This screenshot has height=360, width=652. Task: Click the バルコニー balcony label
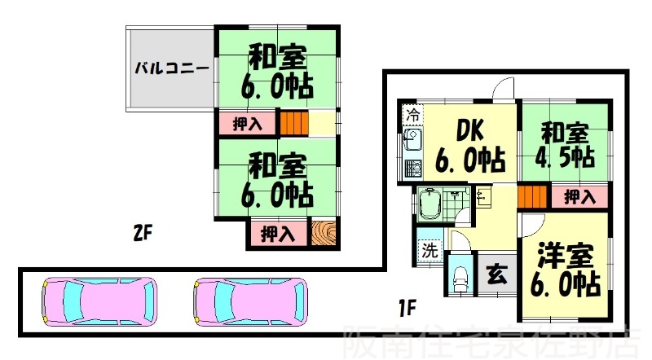170,68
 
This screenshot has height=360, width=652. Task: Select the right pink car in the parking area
250,301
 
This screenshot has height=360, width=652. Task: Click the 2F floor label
143,234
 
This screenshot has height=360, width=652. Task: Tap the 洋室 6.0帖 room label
567,271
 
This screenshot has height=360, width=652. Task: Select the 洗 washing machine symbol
430,251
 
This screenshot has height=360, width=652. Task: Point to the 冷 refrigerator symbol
413,114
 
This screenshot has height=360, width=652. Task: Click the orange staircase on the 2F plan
293,123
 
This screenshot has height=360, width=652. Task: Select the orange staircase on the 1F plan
531,196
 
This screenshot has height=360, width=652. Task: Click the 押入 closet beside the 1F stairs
579,196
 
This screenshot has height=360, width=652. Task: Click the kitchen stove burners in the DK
412,169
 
